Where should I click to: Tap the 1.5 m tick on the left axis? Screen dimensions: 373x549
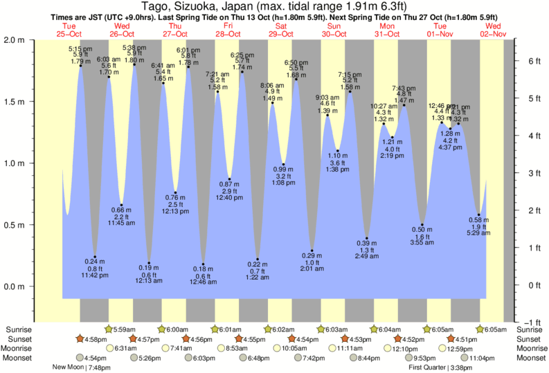tap(15, 102)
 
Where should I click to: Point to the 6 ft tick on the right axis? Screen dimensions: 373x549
tap(534, 60)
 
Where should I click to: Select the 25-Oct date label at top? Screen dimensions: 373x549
tap(69, 33)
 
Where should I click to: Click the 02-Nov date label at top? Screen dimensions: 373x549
tap(495, 33)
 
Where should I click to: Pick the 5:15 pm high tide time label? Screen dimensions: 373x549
tap(81, 48)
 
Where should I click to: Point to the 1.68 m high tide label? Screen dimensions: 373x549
tap(296, 75)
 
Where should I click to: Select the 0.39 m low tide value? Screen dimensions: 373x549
tap(367, 243)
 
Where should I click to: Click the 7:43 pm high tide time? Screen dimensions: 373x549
tap(404, 88)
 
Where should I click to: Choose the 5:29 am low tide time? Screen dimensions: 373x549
tap(479, 235)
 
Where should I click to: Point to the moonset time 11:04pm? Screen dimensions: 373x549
tap(483, 358)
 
